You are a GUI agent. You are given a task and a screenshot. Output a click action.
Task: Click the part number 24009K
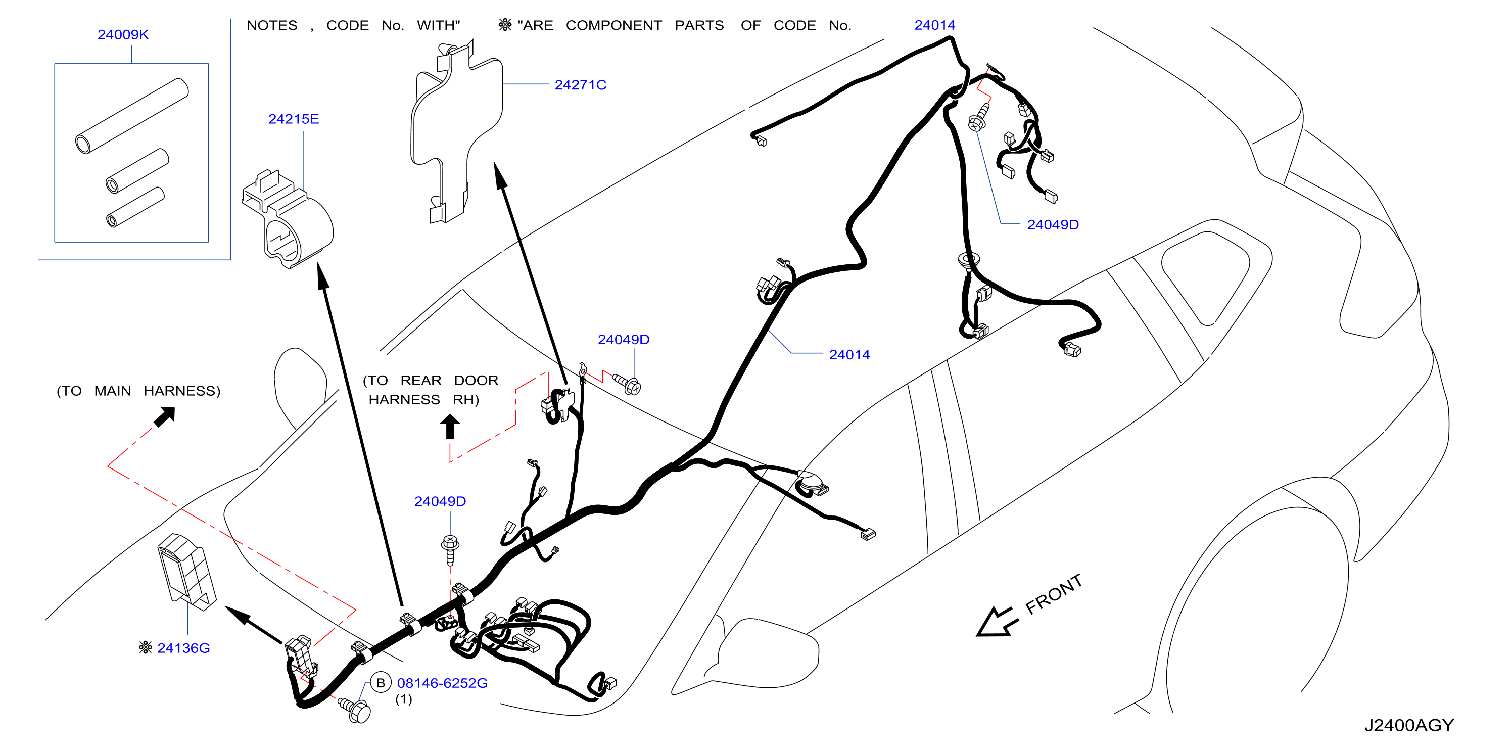(123, 35)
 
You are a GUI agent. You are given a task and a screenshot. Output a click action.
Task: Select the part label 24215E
(294, 119)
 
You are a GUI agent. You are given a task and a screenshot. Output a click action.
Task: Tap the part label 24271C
(580, 85)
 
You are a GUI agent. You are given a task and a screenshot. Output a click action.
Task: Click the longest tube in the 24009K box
(132, 116)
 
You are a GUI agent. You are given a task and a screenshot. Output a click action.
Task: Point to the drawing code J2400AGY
(1409, 725)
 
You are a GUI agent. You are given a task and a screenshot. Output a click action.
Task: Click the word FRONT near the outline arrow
(1054, 594)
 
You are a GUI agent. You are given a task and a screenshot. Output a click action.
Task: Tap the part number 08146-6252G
(442, 683)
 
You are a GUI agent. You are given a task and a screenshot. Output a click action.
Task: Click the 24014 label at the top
(934, 25)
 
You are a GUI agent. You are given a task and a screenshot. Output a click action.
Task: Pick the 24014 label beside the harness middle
(849, 355)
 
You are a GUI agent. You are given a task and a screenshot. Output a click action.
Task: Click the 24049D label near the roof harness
(1053, 225)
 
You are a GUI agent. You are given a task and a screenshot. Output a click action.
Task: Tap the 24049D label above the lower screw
(440, 502)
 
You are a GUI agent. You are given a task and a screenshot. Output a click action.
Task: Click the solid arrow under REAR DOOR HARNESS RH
(450, 427)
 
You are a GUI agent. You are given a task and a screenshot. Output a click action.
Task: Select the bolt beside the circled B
(355, 710)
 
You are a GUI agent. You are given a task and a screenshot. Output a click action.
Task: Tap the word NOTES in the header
(272, 26)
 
